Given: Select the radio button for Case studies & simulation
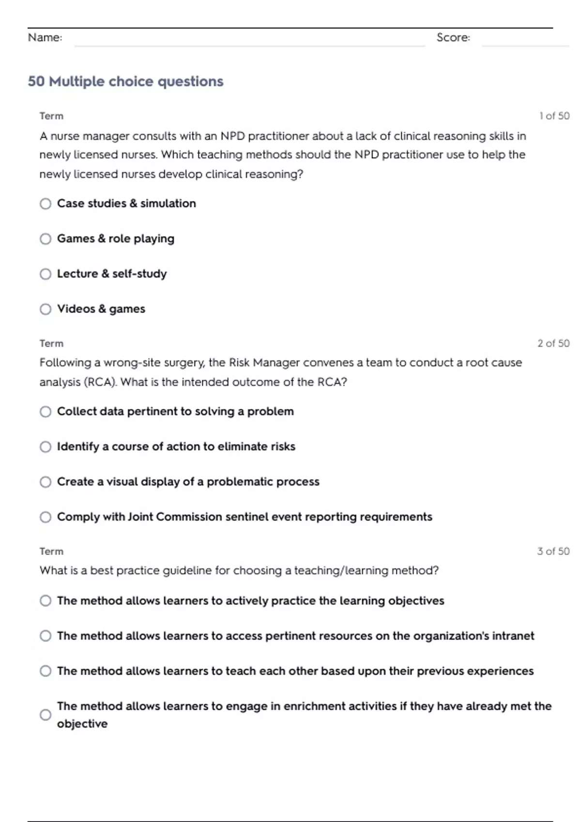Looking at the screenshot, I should point(46,204).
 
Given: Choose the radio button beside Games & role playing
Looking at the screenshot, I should point(46,239).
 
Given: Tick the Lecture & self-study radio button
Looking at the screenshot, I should point(46,274).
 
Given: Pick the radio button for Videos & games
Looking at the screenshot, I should point(46,309).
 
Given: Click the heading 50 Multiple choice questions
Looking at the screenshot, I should point(125,81).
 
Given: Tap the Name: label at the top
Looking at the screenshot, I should point(45,37).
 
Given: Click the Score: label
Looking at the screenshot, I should point(453,37).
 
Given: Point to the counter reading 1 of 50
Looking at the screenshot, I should point(554,116).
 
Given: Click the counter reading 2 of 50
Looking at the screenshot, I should point(553,343).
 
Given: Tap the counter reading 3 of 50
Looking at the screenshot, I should point(553,551).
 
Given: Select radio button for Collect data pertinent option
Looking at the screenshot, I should point(46,411).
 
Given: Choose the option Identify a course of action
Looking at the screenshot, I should point(46,447).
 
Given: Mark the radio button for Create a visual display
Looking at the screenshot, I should point(46,482).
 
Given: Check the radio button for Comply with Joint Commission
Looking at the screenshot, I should point(46,517).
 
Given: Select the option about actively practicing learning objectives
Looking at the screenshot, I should point(46,601).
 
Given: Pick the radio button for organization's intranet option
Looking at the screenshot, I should point(46,636).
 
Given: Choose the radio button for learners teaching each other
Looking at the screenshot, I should point(46,671).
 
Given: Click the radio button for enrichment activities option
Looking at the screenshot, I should point(46,715).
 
